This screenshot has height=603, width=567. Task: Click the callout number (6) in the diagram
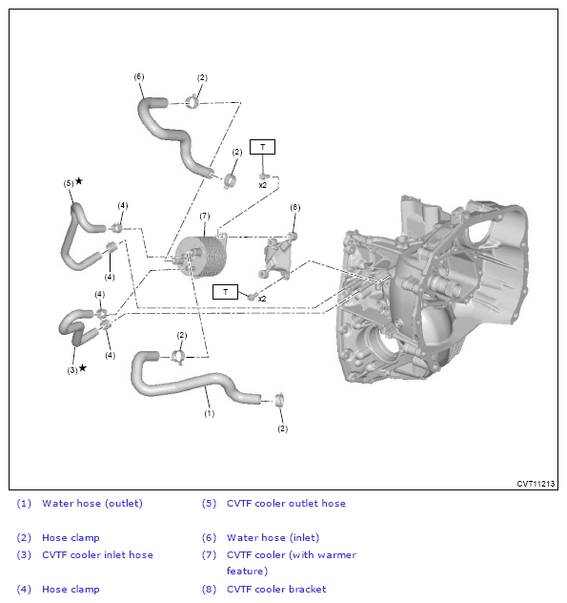pos(139,76)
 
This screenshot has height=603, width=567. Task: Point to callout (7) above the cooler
pos(204,217)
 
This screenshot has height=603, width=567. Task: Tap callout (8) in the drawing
pos(294,207)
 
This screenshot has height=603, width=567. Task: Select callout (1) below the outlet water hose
pos(210,413)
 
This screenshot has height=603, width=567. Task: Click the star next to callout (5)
pos(79,180)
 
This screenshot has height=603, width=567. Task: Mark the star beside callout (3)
pos(83,367)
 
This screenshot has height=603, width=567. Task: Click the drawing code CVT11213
pos(535,484)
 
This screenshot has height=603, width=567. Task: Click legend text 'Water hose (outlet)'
pos(91,504)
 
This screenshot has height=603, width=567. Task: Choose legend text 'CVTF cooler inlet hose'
pos(97,555)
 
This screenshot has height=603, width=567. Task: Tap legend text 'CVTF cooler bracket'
pos(276,590)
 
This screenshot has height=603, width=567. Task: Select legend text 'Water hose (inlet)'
pos(273,538)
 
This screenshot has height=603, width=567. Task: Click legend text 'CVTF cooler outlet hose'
pos(286,504)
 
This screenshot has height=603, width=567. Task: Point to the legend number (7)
pos(209,555)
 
